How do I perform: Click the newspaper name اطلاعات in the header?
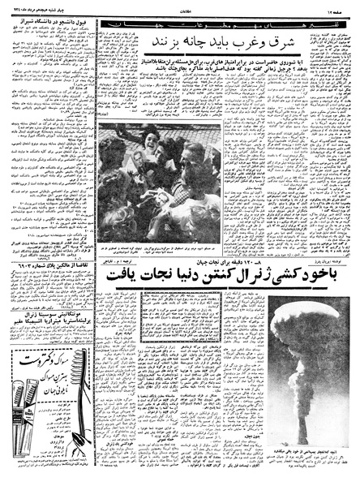pos(180,9)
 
